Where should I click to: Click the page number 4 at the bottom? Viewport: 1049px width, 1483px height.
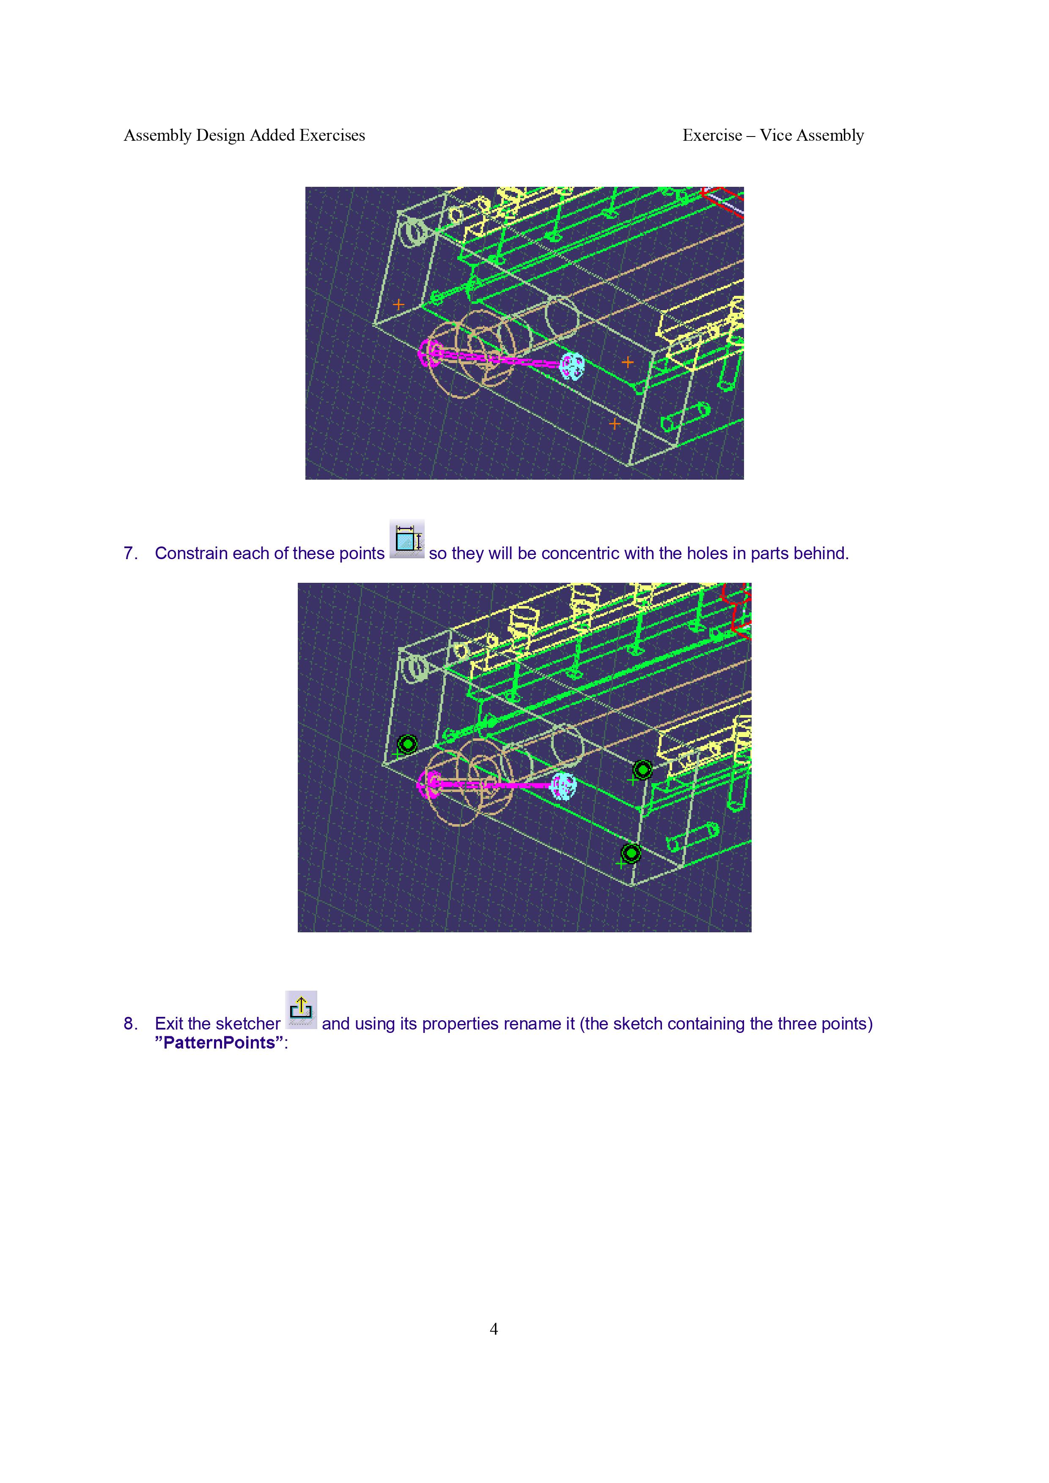(494, 1329)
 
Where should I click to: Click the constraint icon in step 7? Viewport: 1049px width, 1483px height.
(406, 539)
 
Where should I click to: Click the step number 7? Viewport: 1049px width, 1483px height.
(130, 554)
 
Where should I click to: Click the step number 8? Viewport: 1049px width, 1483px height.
(130, 1024)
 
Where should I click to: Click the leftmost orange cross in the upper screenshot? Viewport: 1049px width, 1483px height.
(398, 304)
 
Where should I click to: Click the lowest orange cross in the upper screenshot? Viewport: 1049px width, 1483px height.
(614, 424)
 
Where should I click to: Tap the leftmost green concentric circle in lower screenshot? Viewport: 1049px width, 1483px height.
(408, 745)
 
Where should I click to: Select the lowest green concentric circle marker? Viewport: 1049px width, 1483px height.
(632, 853)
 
